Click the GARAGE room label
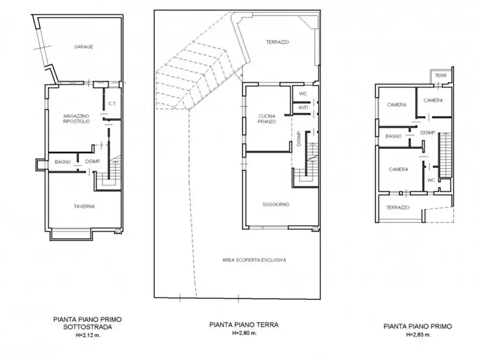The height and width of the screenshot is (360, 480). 83,47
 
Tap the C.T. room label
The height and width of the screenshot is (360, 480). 112,104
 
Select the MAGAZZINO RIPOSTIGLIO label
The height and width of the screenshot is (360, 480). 76,119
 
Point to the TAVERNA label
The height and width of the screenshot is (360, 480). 84,206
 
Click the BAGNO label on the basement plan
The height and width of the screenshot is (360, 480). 63,162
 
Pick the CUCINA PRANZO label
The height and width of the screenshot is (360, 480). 267,119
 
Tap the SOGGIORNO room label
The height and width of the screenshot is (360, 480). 276,205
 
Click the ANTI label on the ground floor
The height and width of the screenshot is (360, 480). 303,108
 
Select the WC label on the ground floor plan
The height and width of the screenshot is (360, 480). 303,94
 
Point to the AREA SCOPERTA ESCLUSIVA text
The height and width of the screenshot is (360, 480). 254,260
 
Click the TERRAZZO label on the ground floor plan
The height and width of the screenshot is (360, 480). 277,42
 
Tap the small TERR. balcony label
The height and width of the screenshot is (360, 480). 441,76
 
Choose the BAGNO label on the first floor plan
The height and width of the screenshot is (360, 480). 393,136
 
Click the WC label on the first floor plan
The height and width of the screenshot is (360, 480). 431,180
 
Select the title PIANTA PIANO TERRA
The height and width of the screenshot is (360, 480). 244,325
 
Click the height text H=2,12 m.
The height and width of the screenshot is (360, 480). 88,335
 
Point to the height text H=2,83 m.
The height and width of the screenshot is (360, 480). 418,335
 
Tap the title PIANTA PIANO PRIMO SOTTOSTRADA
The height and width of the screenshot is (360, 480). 88,323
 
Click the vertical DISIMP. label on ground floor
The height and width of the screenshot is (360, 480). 299,139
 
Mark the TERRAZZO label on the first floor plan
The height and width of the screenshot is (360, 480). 398,207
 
